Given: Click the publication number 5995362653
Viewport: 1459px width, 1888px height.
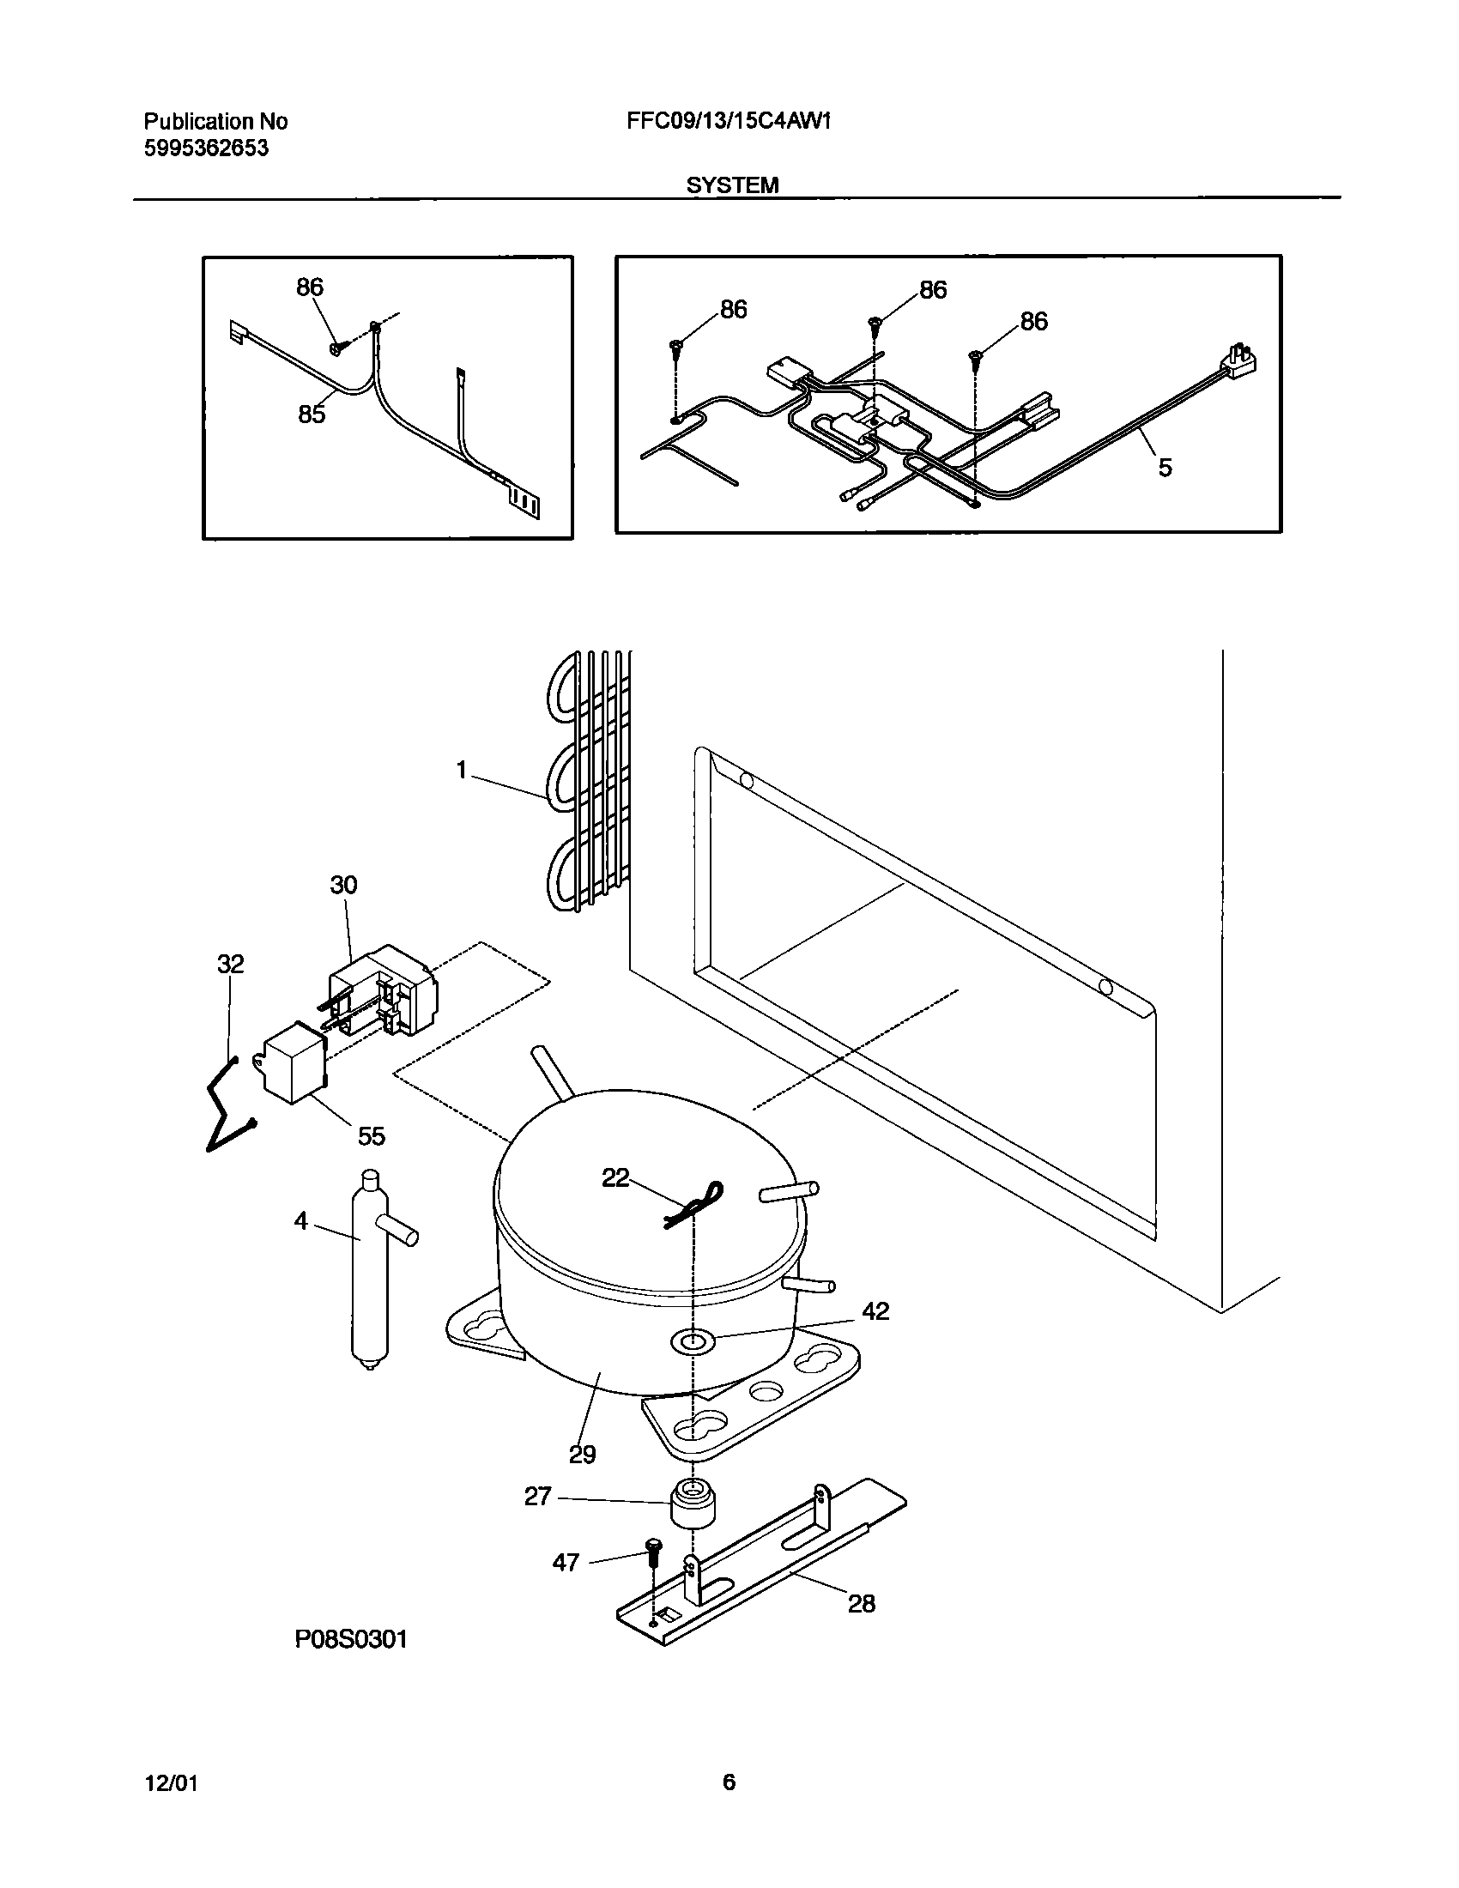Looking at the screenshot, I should [x=206, y=148].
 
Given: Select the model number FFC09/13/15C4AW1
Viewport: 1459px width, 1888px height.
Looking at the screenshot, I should [x=729, y=121].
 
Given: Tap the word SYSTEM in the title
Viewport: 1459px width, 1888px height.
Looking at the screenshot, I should [x=732, y=185].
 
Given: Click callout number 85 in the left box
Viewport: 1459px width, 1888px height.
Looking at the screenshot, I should [x=312, y=415].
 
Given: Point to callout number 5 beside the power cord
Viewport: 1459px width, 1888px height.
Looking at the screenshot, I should [x=1165, y=468].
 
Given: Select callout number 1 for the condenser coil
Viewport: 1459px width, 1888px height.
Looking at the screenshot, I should [x=462, y=770].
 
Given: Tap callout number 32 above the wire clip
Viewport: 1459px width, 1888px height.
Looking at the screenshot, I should [x=230, y=964].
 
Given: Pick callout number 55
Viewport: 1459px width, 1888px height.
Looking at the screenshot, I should [x=371, y=1136].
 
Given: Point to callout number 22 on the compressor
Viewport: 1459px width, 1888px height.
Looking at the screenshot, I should [x=615, y=1177].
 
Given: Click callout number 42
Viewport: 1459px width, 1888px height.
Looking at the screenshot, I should [x=875, y=1311].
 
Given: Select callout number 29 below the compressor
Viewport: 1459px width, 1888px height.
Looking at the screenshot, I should [x=582, y=1455].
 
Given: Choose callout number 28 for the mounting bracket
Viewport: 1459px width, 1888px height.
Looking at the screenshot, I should [x=861, y=1604].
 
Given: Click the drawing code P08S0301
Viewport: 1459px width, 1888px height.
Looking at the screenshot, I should [x=351, y=1639].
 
